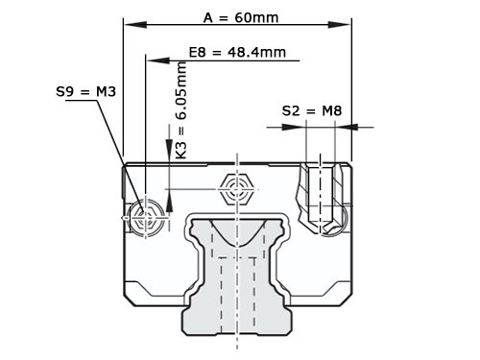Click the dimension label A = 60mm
click(x=241, y=18)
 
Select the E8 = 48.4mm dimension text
click(x=237, y=52)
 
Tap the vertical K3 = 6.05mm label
click(x=181, y=110)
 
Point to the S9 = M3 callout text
click(x=85, y=92)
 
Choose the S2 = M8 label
click(x=312, y=111)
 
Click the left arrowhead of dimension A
click(x=135, y=24)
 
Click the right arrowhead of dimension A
click(x=340, y=24)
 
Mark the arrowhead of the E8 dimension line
click(x=158, y=60)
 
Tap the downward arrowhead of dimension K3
click(x=169, y=147)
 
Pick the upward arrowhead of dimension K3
click(x=169, y=202)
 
